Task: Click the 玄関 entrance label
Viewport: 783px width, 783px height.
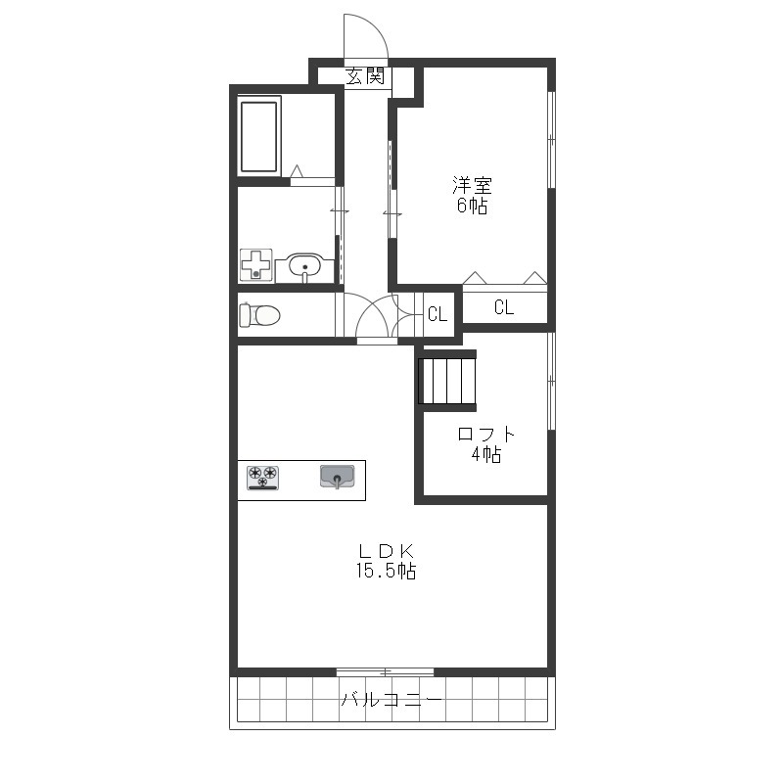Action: coord(365,76)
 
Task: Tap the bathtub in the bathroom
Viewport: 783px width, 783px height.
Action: coord(258,136)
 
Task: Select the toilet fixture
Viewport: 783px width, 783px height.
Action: coord(259,315)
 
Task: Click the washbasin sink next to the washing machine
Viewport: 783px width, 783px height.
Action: coord(304,267)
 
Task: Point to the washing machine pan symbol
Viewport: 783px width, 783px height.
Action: coord(256,264)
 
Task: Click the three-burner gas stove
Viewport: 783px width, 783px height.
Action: coord(262,478)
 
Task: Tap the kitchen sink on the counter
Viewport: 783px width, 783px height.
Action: coord(338,477)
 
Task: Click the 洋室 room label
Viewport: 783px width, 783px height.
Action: coord(472,185)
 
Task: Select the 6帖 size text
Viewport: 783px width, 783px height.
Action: coord(472,206)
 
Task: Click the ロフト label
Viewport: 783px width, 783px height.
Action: coord(485,434)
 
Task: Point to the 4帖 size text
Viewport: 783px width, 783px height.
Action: coord(485,454)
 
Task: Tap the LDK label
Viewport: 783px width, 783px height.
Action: coord(386,551)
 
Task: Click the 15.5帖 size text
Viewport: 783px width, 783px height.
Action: coord(386,571)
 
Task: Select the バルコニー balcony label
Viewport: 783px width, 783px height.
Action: coord(392,700)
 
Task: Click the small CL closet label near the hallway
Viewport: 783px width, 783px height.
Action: coord(438,313)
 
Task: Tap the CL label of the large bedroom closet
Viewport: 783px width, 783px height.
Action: coord(504,307)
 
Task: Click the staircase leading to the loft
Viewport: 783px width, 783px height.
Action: coord(447,381)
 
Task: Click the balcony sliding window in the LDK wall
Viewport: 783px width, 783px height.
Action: coord(385,671)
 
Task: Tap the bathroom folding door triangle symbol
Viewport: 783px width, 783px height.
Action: coord(297,170)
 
